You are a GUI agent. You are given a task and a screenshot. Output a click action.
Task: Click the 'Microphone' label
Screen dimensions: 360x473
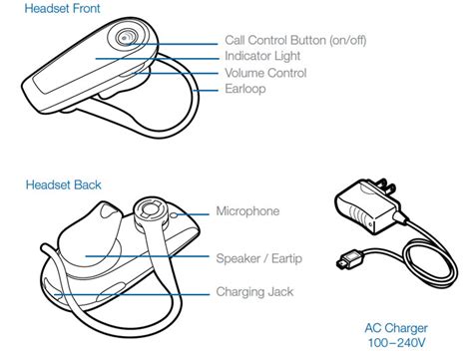tap(247, 212)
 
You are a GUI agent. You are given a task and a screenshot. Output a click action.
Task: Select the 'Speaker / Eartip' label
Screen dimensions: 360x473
tap(259, 258)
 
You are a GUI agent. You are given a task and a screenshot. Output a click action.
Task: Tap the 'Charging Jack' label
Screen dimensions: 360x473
tap(255, 292)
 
